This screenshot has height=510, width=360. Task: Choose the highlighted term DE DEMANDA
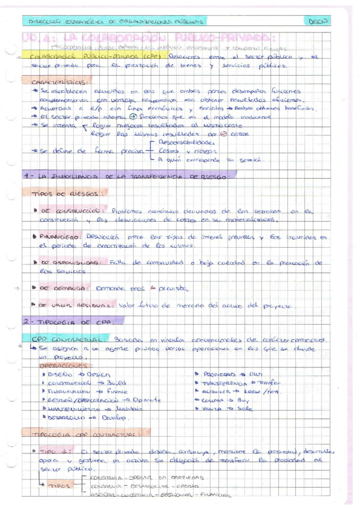point(63,289)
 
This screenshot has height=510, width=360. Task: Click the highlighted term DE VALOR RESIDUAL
point(74,304)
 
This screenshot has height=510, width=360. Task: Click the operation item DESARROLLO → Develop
point(88,417)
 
